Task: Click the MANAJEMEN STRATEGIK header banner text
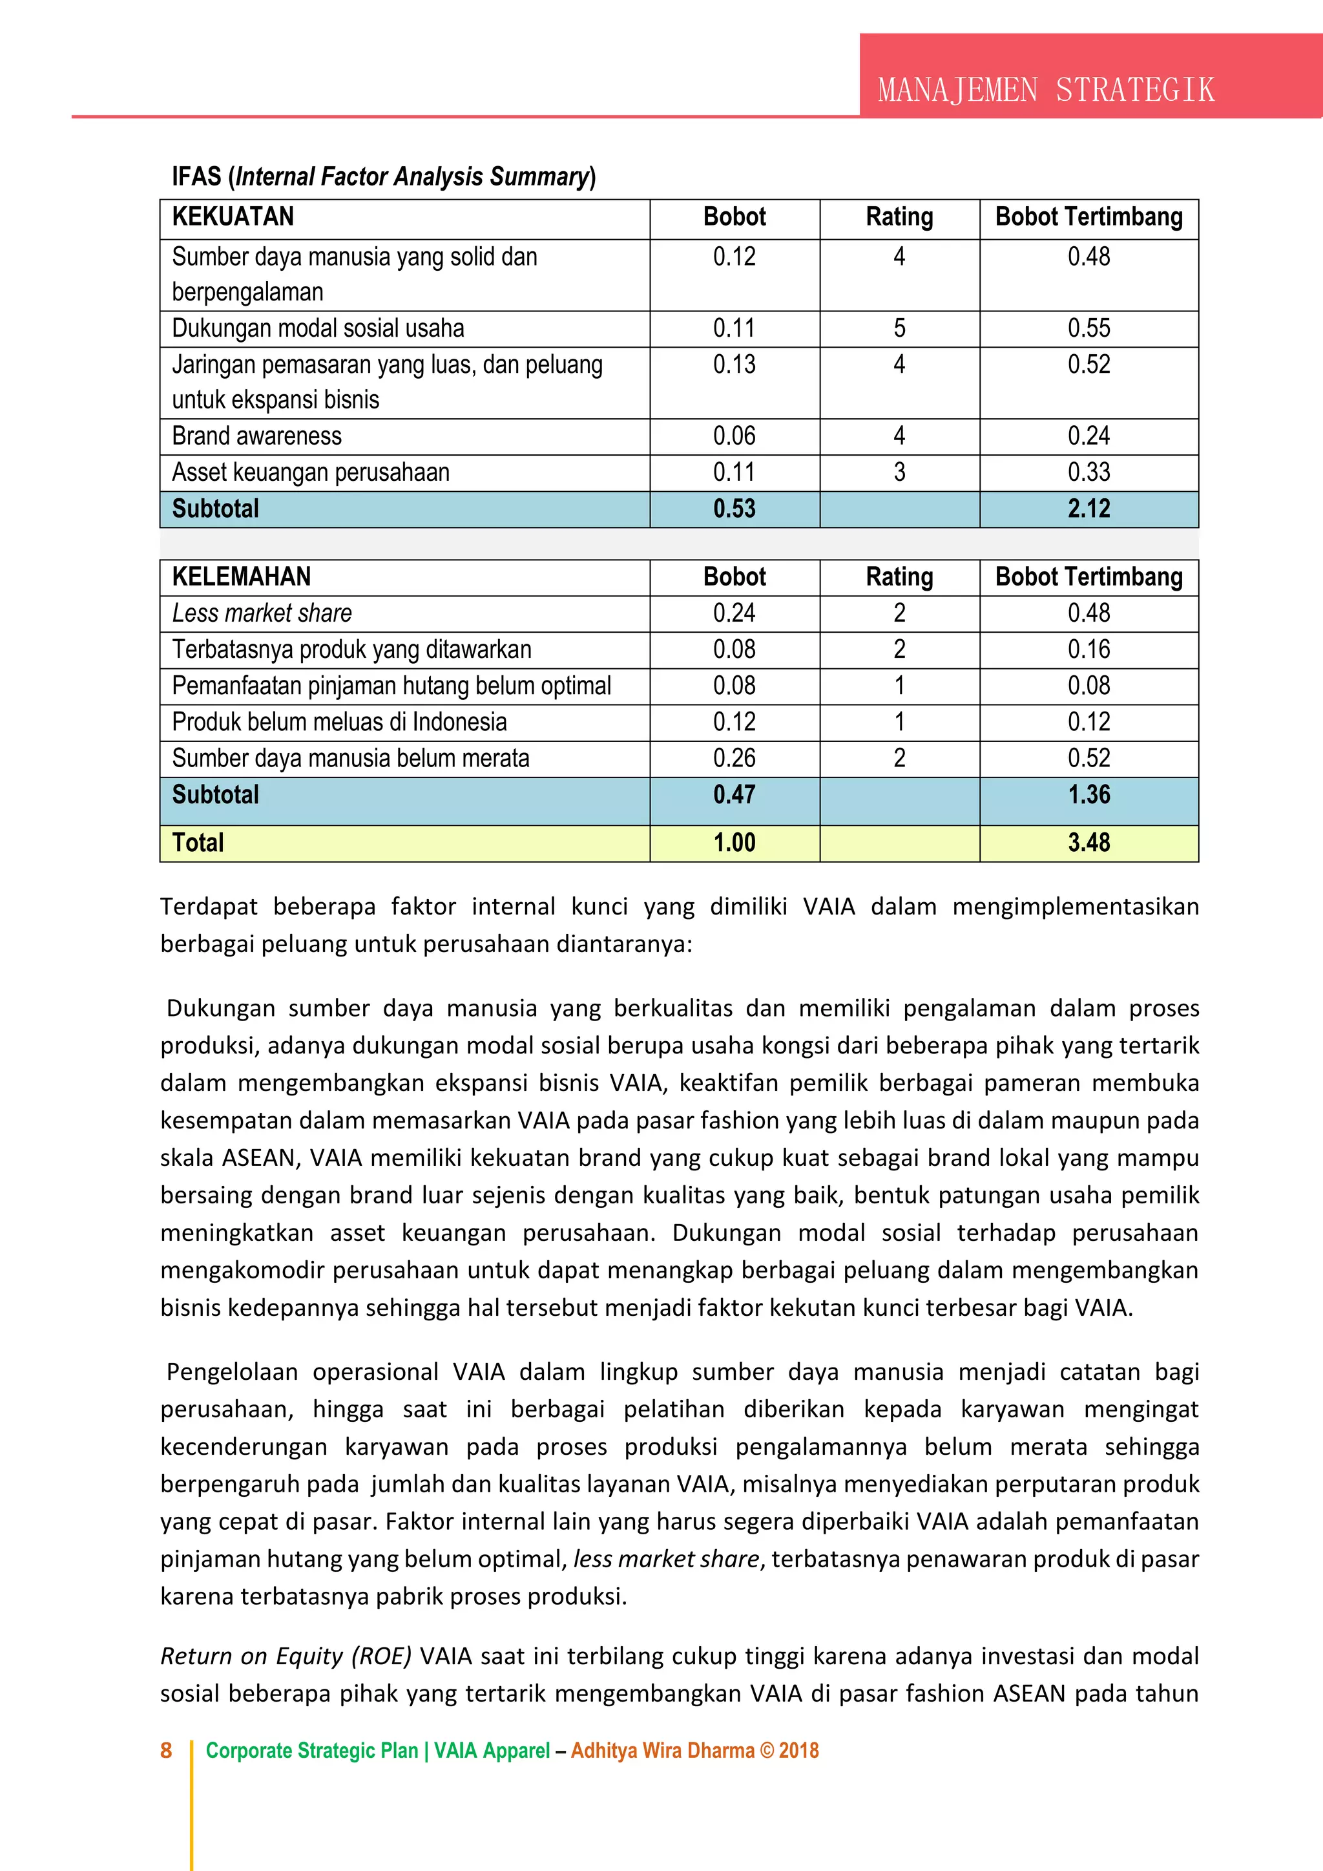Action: pyautogui.click(x=1045, y=90)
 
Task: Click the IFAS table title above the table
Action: pyautogui.click(x=383, y=177)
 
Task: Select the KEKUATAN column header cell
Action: pyautogui.click(x=233, y=217)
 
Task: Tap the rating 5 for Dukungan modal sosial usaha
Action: pyautogui.click(x=899, y=328)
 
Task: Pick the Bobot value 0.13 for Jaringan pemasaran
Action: pyautogui.click(x=734, y=365)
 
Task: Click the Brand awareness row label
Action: pyautogui.click(x=256, y=436)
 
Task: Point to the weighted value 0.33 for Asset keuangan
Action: pyautogui.click(x=1089, y=472)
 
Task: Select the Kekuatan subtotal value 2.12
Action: pyautogui.click(x=1089, y=509)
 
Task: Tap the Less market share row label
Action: pyautogui.click(x=262, y=613)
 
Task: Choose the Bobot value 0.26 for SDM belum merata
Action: pyautogui.click(x=734, y=758)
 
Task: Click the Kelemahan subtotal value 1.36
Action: pyautogui.click(x=1089, y=794)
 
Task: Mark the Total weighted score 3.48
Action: pyautogui.click(x=1089, y=843)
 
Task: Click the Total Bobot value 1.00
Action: pyautogui.click(x=734, y=843)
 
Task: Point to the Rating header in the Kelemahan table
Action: pyautogui.click(x=899, y=577)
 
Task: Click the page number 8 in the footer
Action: pyautogui.click(x=166, y=1750)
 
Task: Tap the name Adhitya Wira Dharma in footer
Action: pyautogui.click(x=662, y=1750)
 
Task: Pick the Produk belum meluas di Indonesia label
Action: pyautogui.click(x=339, y=722)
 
